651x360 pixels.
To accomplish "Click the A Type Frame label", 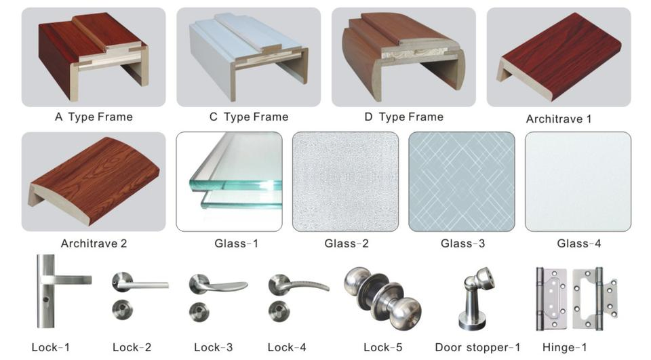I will (94, 117).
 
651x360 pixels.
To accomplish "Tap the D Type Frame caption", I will (403, 117).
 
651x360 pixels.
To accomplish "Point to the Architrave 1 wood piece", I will (559, 58).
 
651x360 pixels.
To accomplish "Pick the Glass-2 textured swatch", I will (345, 182).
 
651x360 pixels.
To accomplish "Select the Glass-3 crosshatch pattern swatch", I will (461, 182).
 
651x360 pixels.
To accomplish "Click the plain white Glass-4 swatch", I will (578, 182).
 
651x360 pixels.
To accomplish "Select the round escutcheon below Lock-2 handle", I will (123, 309).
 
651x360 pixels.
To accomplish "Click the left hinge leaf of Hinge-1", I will (551, 298).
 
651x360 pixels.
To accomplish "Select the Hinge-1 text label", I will (565, 348).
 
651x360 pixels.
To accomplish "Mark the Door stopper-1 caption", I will (477, 348).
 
